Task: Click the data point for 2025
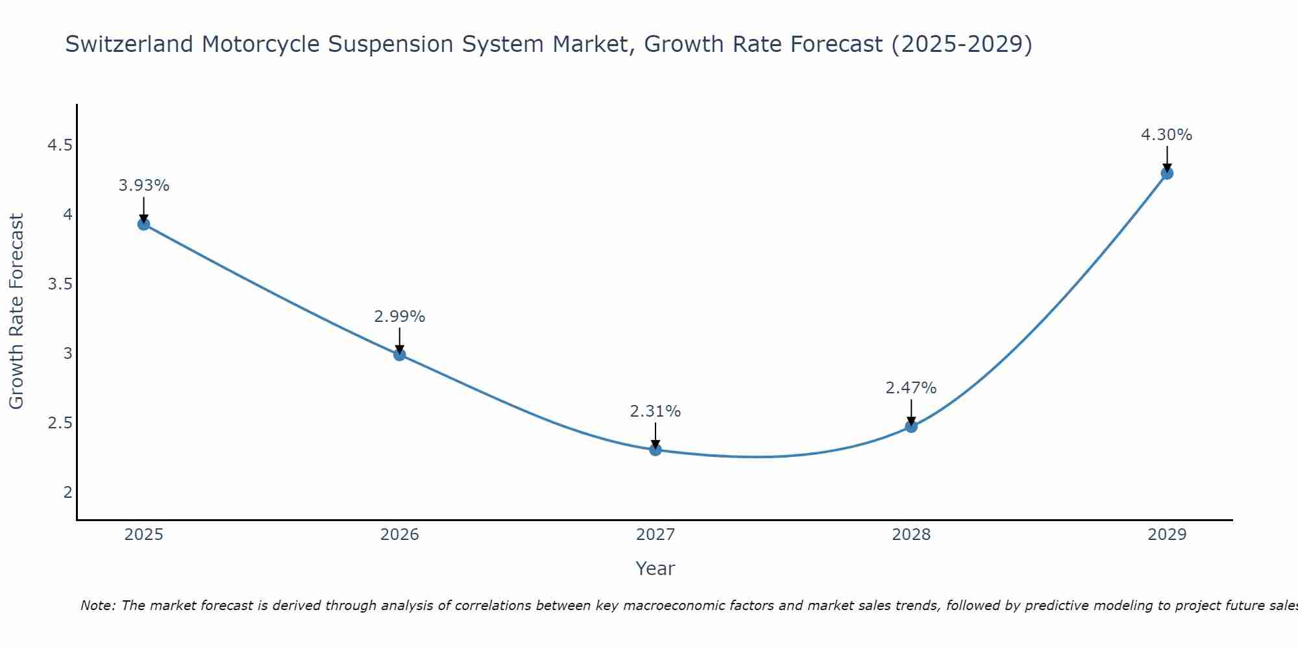pos(143,224)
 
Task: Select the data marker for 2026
pos(399,354)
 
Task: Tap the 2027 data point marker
pos(655,449)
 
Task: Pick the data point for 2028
pos(911,426)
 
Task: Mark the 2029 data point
pos(1167,173)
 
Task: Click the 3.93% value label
pos(143,186)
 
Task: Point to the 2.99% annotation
pos(399,317)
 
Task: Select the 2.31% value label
pos(655,411)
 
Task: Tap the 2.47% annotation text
pos(911,388)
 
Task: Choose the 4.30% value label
pos(1167,135)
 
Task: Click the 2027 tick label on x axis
pos(655,535)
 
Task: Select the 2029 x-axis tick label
pos(1167,535)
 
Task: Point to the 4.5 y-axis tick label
pos(60,145)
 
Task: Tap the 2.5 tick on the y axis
pos(60,423)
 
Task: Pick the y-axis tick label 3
pos(67,354)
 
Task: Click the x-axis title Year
pos(655,569)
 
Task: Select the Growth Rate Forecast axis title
pos(16,312)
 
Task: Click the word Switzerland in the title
pos(129,44)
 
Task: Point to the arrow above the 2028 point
pos(911,411)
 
